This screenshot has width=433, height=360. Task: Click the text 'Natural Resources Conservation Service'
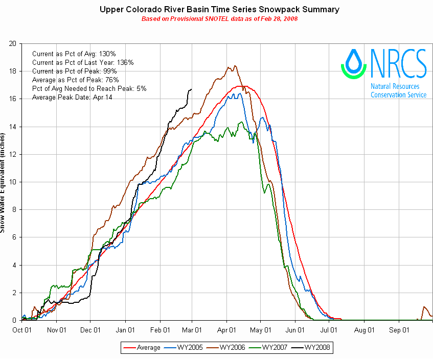(x=398, y=91)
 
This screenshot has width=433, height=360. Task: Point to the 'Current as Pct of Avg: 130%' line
(x=74, y=54)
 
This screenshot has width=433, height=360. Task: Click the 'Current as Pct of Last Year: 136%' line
(x=83, y=62)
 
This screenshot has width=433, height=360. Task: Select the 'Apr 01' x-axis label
(x=229, y=330)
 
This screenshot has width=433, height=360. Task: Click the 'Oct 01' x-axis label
(x=22, y=330)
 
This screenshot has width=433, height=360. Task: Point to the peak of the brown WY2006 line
(x=234, y=65)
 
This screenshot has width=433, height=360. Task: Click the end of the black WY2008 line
(x=192, y=89)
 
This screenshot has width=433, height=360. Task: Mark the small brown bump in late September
(x=424, y=307)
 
